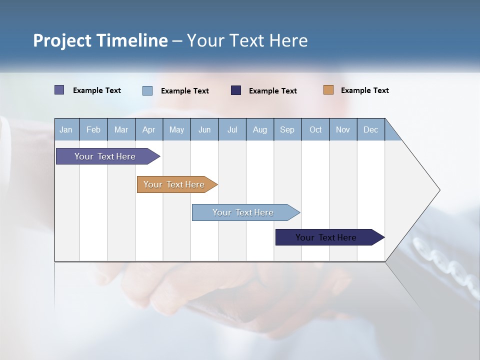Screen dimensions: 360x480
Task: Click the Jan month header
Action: [66, 129]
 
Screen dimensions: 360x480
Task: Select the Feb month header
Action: [93, 129]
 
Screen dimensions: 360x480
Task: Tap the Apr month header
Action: [149, 129]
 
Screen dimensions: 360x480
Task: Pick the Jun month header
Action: [204, 129]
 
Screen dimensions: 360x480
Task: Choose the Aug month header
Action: [260, 129]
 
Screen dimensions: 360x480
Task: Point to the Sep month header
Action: [287, 129]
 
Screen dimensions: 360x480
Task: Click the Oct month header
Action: [315, 129]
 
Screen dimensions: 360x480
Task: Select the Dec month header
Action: [371, 129]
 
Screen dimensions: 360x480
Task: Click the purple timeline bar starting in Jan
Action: [105, 156]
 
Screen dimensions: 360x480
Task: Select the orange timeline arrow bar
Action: [174, 184]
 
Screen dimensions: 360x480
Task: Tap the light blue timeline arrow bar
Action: [243, 212]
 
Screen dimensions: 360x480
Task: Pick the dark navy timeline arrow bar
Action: [326, 237]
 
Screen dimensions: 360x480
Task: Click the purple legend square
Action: [59, 90]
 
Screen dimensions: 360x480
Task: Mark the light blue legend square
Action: [147, 90]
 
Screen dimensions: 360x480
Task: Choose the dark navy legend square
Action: [236, 90]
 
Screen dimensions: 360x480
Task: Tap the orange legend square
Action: [328, 90]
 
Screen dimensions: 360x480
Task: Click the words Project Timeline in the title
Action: [100, 40]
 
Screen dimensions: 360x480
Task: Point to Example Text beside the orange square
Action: [364, 90]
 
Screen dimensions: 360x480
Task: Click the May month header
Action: [176, 129]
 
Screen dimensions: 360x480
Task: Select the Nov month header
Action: [343, 129]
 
